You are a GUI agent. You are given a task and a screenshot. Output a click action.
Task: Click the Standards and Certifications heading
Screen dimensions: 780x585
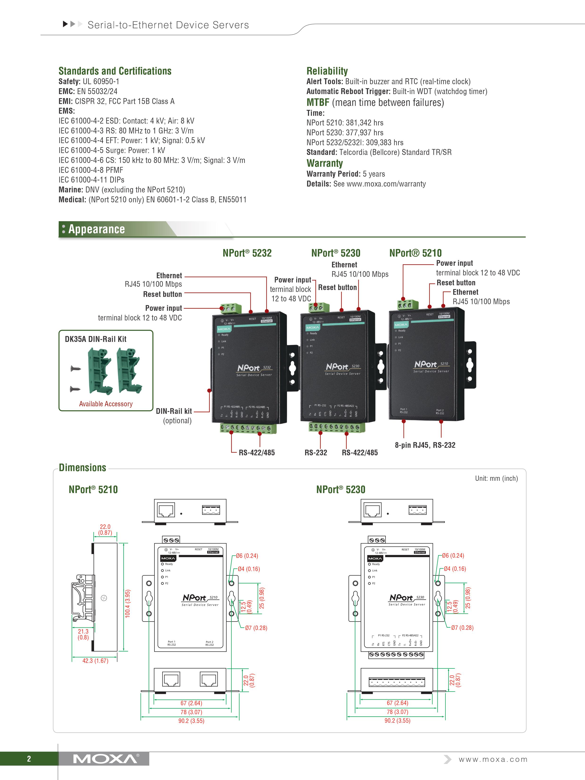115,71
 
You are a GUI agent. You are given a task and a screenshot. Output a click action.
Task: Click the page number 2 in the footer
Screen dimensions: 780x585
29,759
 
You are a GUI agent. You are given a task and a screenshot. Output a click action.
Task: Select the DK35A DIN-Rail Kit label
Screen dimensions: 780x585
95,339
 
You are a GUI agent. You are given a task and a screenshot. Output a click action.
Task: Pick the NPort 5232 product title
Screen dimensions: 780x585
247,253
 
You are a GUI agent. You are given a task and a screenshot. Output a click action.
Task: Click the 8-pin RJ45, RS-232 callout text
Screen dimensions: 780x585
425,445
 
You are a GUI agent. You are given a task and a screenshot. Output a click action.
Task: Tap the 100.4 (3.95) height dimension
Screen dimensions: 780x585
128,603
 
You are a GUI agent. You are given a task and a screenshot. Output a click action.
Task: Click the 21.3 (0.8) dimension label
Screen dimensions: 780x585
83,634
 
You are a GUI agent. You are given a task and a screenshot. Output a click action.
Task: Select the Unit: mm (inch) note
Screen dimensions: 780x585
496,478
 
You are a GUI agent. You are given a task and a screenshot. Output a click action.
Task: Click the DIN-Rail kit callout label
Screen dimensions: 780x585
174,411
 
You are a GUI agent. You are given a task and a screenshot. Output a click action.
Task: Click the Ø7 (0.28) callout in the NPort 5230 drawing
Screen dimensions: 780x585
462,628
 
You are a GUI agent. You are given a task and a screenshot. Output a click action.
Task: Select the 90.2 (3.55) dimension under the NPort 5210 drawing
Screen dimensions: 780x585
191,721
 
